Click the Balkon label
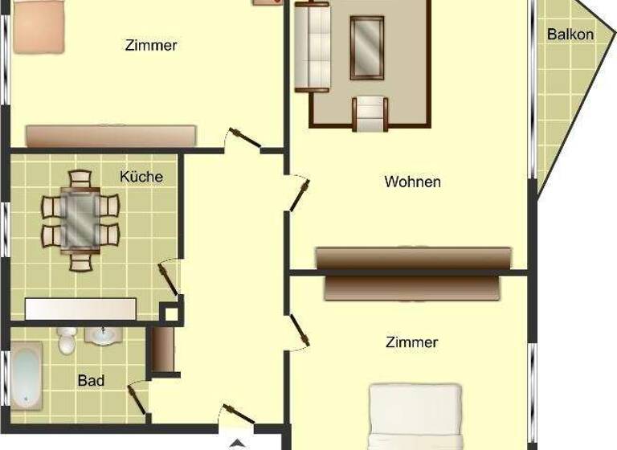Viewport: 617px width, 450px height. [x=570, y=35]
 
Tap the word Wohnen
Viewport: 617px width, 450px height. [x=412, y=182]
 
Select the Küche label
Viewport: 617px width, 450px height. [x=141, y=176]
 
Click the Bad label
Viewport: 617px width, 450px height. [x=91, y=380]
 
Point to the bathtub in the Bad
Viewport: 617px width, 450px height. [x=26, y=375]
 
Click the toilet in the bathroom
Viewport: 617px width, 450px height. [x=67, y=339]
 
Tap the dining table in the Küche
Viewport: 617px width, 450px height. [x=80, y=219]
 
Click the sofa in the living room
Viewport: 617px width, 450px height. [x=313, y=47]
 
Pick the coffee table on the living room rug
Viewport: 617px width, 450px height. [x=367, y=47]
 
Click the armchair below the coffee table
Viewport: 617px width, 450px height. [x=370, y=113]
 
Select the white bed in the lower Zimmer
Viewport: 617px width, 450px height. [x=415, y=416]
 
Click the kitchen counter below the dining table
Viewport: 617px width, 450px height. [x=80, y=309]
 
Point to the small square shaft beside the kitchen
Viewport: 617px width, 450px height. [x=170, y=313]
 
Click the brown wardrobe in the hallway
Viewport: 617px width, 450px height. [x=163, y=349]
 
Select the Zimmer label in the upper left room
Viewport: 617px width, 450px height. [x=151, y=46]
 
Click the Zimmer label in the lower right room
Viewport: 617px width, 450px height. [x=412, y=342]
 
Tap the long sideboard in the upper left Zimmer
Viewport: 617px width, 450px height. [x=111, y=136]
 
